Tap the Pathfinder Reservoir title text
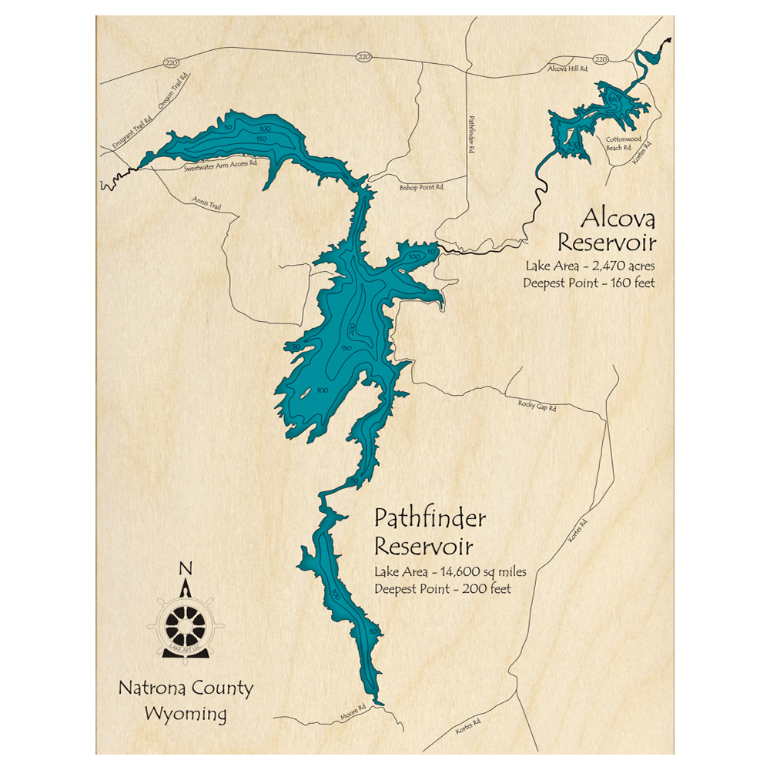point(430,532)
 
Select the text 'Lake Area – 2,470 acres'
point(589,266)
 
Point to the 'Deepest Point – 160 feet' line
point(589,283)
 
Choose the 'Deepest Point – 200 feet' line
point(443,589)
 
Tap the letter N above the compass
point(185,569)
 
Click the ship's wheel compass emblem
point(185,624)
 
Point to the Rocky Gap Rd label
point(537,404)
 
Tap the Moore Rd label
point(353,716)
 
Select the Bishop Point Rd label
point(421,187)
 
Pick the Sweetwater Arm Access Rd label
point(219,166)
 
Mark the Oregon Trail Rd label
point(173,92)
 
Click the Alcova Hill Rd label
point(567,69)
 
